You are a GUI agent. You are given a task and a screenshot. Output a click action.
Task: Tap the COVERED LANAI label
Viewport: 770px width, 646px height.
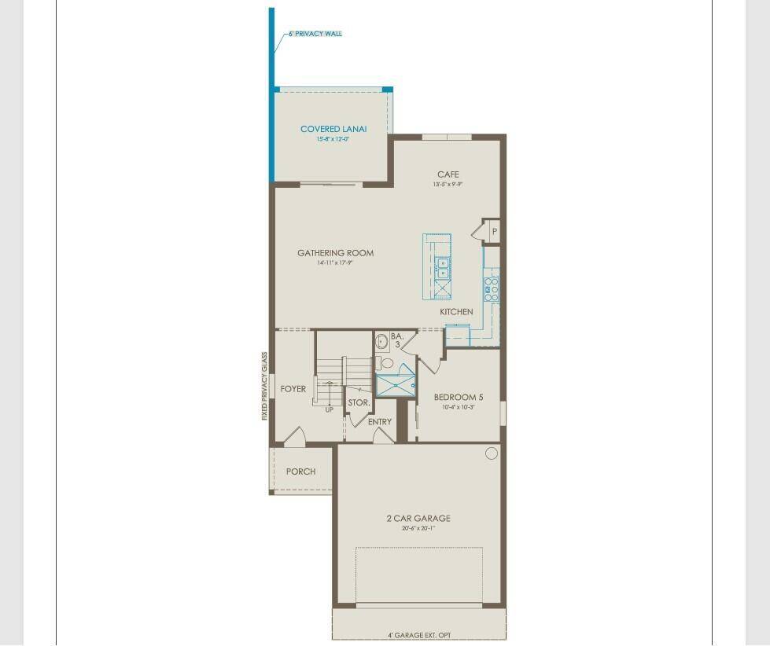(333, 129)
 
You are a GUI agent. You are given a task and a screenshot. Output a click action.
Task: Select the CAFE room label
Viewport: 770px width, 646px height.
(448, 174)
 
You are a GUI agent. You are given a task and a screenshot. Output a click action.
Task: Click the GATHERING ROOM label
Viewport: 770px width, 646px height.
(335, 253)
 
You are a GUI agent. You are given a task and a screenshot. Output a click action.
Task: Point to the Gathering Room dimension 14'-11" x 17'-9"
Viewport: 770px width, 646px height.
(334, 264)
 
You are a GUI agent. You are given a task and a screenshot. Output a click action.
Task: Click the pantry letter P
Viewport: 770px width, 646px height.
(494, 232)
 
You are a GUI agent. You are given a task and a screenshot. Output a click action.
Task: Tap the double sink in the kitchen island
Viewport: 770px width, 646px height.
(443, 268)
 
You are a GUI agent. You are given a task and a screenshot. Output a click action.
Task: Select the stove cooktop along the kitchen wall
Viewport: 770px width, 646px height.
(492, 288)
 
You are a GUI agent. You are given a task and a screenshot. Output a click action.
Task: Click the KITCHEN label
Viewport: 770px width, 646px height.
(456, 312)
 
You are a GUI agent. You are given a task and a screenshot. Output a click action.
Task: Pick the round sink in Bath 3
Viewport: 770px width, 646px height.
(383, 342)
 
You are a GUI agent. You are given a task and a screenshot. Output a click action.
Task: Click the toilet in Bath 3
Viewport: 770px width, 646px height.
(385, 363)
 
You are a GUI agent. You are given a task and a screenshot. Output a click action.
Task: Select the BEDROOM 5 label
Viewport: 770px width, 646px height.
(459, 398)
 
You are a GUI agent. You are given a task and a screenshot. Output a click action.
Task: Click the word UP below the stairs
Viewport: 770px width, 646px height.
(329, 409)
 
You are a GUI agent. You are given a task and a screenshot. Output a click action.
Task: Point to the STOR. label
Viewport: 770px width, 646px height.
(359, 402)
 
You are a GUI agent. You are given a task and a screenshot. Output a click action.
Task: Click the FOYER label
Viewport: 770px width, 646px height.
(293, 389)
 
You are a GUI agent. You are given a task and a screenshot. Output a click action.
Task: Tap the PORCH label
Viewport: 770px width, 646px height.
(300, 472)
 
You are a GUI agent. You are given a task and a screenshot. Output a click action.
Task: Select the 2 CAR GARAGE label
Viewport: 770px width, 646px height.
(418, 518)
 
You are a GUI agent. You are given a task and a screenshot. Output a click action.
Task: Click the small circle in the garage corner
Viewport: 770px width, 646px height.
(492, 453)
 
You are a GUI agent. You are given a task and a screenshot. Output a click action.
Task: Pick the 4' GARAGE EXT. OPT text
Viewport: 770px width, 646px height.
(419, 635)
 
